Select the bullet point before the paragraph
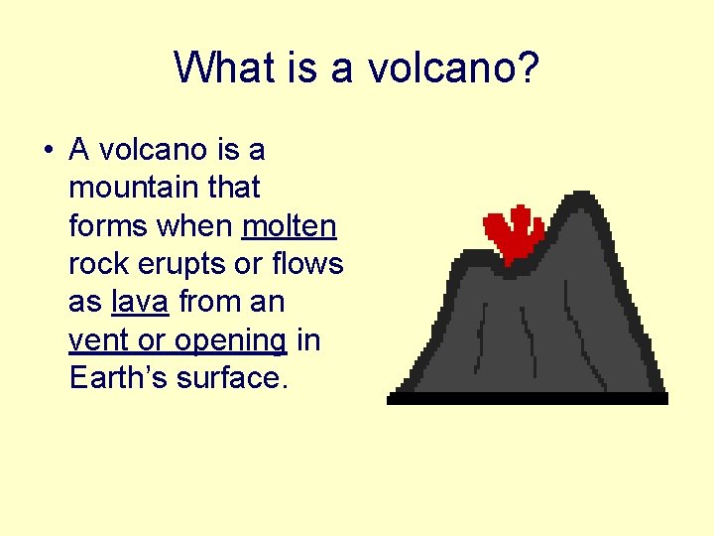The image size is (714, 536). click(x=48, y=151)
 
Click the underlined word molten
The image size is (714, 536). click(x=290, y=225)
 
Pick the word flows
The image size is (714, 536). click(x=307, y=264)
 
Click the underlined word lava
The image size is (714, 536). click(x=140, y=302)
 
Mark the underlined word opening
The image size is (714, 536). click(x=230, y=341)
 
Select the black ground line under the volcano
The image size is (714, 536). click(x=527, y=398)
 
